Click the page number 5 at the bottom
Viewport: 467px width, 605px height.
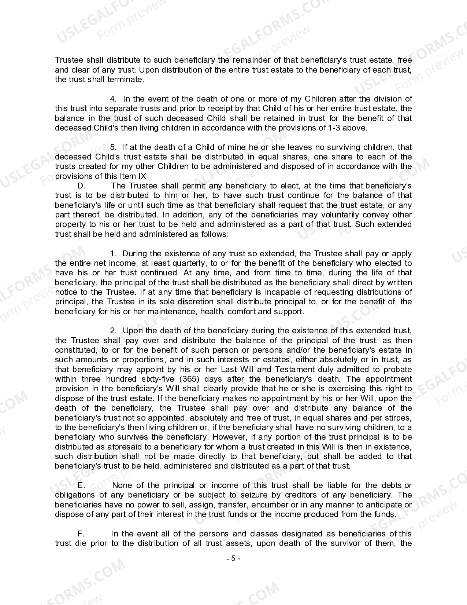pos(233,559)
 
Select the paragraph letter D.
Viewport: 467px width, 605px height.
pos(81,186)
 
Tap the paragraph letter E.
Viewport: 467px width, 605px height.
pos(81,485)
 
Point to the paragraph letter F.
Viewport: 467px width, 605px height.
pos(81,534)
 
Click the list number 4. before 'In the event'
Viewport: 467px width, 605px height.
pos(114,99)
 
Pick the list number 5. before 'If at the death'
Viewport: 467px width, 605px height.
pos(114,147)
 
